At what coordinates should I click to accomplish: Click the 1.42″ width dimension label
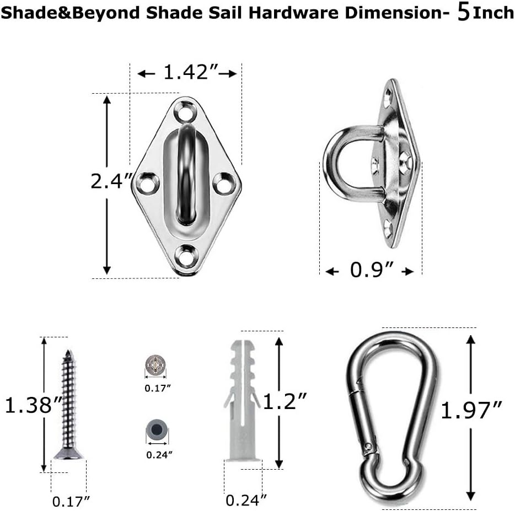[x=191, y=72]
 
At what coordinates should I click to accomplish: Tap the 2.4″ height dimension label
[x=111, y=181]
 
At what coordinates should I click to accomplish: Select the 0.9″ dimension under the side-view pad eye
[x=372, y=270]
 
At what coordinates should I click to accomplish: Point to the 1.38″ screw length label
[x=34, y=405]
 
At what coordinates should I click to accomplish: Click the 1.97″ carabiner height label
[x=471, y=410]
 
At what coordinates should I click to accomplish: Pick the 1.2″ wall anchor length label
[x=285, y=401]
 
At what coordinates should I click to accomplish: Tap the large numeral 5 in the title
[x=463, y=13]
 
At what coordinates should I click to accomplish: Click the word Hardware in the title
[x=293, y=13]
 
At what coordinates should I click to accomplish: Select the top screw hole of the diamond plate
[x=184, y=112]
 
